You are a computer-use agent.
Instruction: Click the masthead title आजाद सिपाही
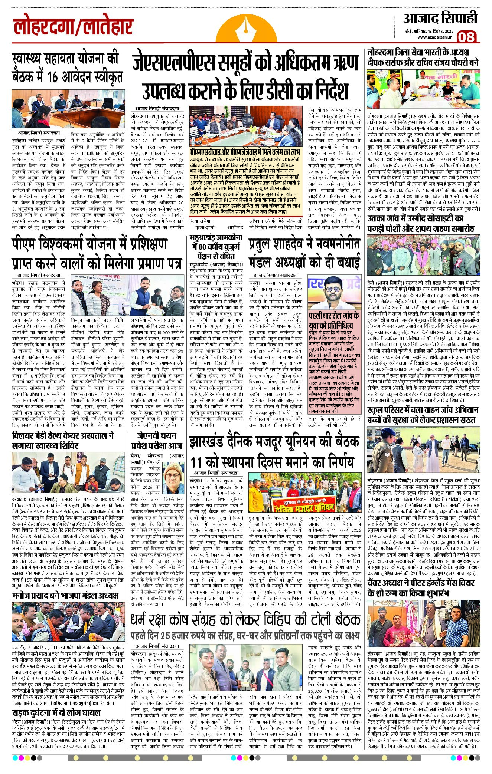(440, 19)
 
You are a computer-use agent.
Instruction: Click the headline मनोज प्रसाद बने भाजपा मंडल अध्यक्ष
(65, 596)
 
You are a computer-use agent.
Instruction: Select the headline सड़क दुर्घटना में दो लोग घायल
(56, 712)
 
